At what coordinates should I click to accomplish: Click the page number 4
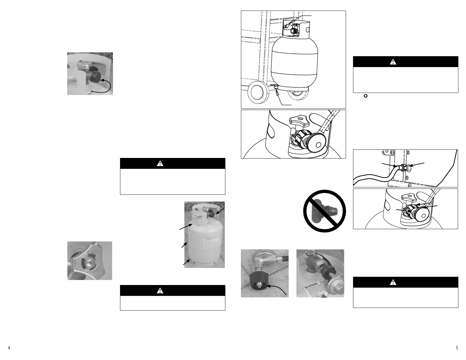pyautogui.click(x=9, y=348)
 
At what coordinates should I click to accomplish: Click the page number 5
pyautogui.click(x=457, y=348)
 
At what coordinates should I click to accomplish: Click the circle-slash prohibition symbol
pyautogui.click(x=324, y=211)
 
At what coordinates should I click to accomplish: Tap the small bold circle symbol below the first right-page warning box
pyautogui.click(x=366, y=96)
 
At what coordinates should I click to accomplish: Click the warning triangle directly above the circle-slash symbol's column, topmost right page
pyautogui.click(x=393, y=62)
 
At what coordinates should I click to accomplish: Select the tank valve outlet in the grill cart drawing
pyautogui.click(x=292, y=30)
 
